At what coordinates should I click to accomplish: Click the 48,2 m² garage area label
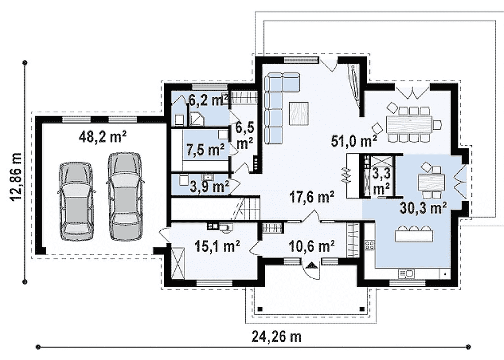pos(103,137)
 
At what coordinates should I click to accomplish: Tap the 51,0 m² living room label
pos(354,141)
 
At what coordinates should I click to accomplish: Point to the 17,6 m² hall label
pos(311,196)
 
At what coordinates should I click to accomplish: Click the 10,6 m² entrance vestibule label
pos(312,247)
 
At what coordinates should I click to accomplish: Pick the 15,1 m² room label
pos(217,247)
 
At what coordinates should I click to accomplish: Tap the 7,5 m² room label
pos(206,150)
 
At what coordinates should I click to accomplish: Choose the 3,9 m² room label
pos(209,187)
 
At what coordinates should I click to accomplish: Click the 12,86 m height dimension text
pos(16,177)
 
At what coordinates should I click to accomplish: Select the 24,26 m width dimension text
pos(276,337)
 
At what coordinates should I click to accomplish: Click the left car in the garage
pos(76,201)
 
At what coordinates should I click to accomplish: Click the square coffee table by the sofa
pos(299,113)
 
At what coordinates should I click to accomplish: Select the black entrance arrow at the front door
pos(311,265)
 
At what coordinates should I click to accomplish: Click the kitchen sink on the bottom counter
pos(406,274)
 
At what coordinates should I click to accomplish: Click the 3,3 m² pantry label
pos(381,182)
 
